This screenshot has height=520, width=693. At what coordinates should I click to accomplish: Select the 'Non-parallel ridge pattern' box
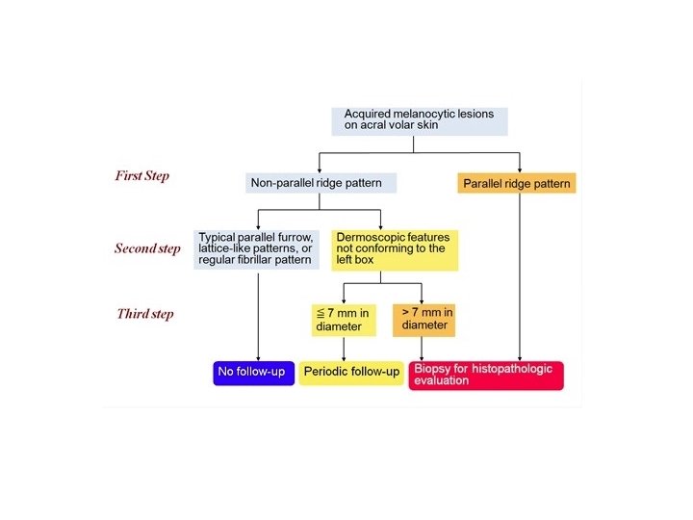(x=321, y=183)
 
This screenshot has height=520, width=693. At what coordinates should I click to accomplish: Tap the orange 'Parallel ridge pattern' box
(x=517, y=183)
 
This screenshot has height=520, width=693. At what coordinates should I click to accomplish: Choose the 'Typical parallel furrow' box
(x=255, y=247)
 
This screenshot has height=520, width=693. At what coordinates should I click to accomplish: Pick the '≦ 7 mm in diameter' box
(x=340, y=319)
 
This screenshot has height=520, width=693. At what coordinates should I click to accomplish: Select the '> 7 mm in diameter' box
(x=423, y=319)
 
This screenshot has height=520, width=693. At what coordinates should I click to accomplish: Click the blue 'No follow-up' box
(x=252, y=372)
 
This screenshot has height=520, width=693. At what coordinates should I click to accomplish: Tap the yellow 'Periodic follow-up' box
(x=351, y=372)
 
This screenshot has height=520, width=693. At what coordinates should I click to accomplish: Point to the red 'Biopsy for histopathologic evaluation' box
(x=486, y=375)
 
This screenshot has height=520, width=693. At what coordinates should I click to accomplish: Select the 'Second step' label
(x=147, y=248)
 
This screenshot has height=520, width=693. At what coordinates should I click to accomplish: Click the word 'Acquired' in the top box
(x=370, y=114)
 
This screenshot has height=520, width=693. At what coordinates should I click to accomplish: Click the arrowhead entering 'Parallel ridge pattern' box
(x=520, y=169)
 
